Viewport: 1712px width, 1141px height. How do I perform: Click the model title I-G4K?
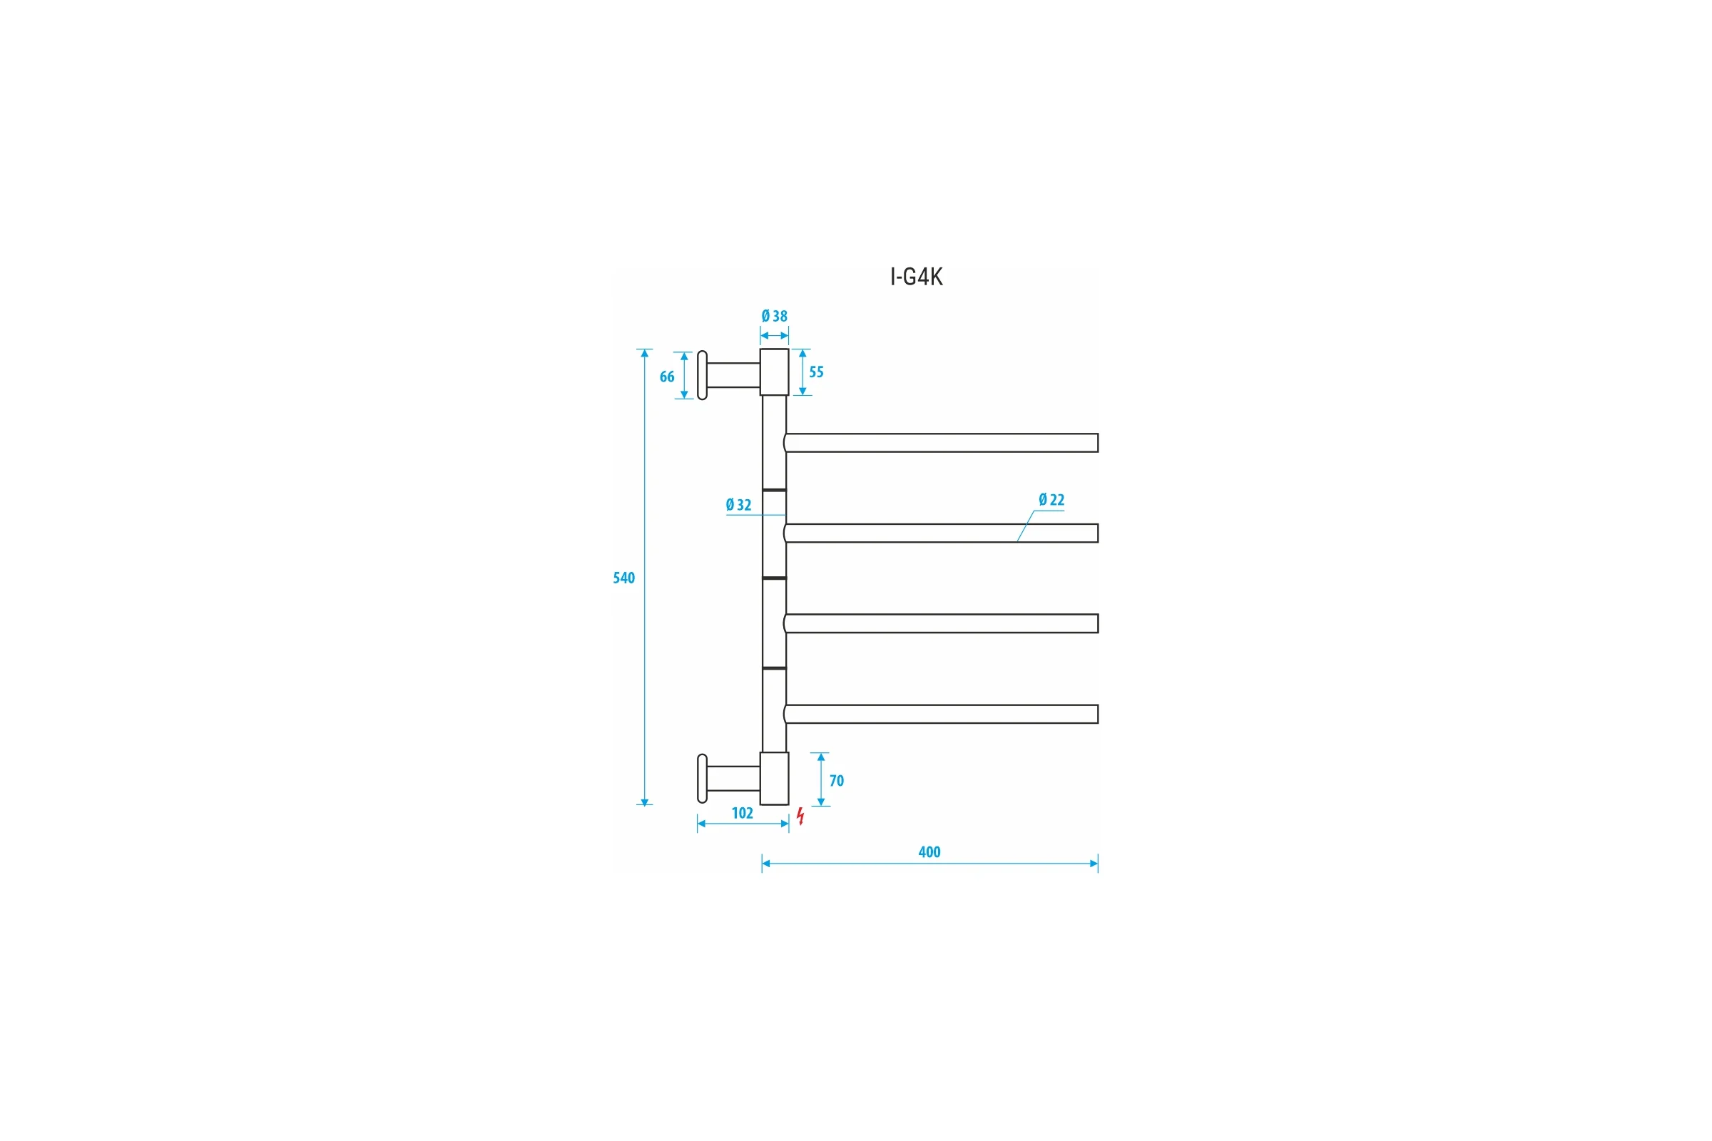917,277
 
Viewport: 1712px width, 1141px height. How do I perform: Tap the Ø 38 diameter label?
775,316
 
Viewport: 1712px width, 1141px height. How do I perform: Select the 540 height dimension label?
623,578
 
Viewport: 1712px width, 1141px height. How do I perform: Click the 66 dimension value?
667,377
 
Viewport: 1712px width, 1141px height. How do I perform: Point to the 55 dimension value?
817,372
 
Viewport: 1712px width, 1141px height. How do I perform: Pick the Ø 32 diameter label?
739,504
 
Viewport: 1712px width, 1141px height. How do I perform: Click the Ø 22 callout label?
1051,499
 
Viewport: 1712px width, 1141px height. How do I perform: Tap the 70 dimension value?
837,781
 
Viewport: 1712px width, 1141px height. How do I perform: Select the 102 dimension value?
743,813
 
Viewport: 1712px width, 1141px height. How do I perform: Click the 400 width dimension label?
929,852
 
